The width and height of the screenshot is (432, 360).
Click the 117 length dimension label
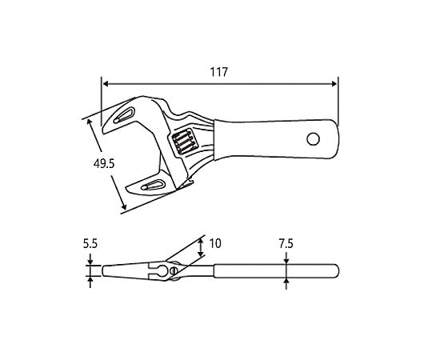point(219,72)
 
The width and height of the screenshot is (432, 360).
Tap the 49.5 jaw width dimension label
point(103,164)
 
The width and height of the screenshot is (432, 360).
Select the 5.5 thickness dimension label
point(90,244)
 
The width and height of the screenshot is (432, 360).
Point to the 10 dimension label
point(215,243)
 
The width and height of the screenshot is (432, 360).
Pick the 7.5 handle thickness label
point(286,244)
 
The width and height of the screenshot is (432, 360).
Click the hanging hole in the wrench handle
point(313,139)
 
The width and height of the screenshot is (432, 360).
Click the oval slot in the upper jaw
point(125,115)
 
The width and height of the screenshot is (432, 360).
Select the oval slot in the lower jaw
point(152,185)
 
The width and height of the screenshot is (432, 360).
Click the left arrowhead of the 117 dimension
point(105,84)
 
